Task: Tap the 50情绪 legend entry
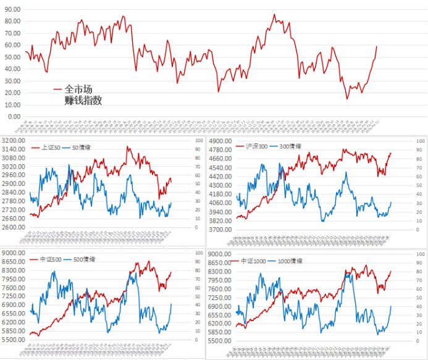(x=84, y=148)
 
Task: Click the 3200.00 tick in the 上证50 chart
(x=14, y=141)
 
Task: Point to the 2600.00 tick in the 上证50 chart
(x=14, y=227)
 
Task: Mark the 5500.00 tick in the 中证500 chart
(x=14, y=340)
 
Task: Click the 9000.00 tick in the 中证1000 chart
(x=220, y=254)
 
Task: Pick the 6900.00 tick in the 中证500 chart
(x=14, y=305)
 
